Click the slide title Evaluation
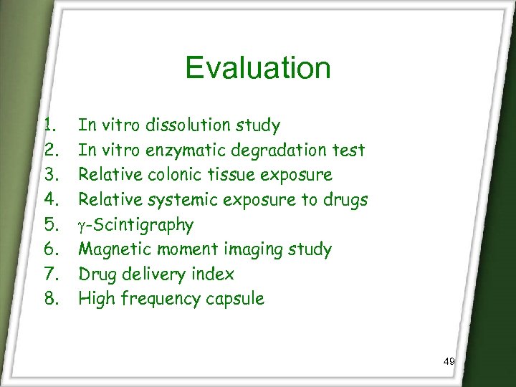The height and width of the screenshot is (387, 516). pos(258,68)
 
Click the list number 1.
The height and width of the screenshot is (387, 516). pos(49,125)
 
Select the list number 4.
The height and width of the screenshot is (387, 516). pos(49,200)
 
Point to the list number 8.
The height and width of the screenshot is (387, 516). pos(49,299)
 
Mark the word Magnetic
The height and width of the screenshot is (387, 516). pos(110,249)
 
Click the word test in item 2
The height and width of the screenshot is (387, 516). pos(350,150)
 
